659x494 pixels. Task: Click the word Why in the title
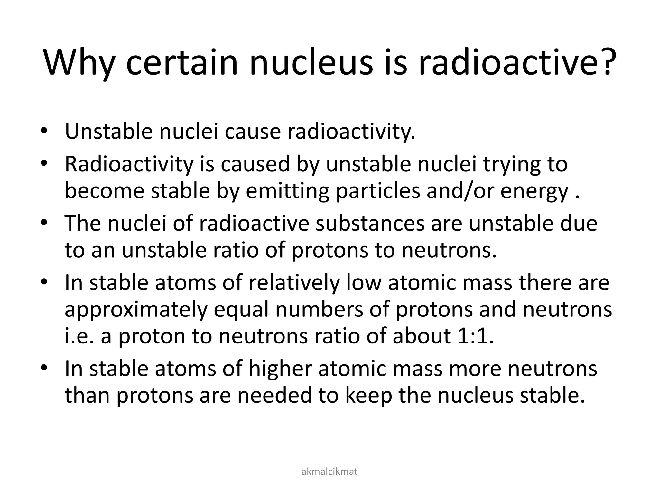(79, 63)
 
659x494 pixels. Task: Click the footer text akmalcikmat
(329, 471)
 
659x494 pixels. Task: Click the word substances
(370, 224)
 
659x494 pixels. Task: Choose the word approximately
(135, 311)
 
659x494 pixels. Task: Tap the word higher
(280, 369)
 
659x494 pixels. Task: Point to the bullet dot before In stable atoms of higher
(44, 368)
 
